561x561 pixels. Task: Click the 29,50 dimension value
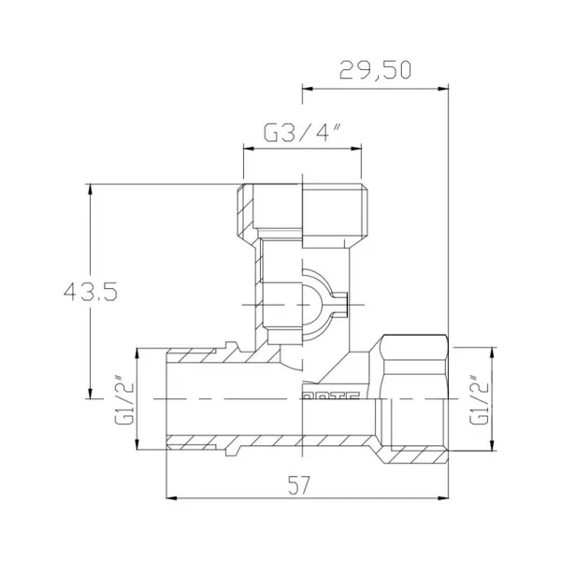coord(375,69)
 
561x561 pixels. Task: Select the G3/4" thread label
coord(302,133)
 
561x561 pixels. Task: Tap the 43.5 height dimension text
coord(91,291)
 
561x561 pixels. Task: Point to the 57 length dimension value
coord(299,484)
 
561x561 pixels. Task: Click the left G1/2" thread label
coord(123,399)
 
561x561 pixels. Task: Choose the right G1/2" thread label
coord(479,399)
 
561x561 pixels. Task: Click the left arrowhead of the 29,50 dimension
coord(308,89)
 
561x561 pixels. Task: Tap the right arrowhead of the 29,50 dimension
coord(443,89)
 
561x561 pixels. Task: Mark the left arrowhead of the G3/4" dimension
coord(249,149)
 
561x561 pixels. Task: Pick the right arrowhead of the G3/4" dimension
coord(356,149)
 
